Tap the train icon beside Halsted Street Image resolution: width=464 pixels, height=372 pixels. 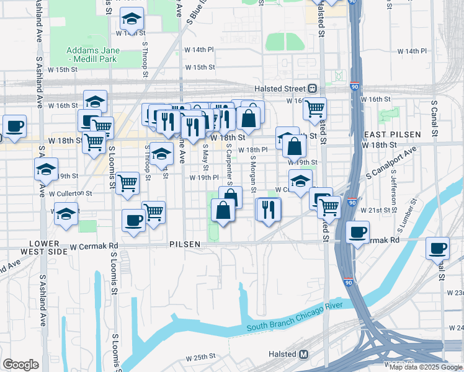coord(313,89)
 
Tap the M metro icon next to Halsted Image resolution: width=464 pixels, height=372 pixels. coord(304,354)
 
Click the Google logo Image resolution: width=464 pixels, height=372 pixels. coord(20,365)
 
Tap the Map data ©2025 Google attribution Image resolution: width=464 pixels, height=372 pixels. coord(426,368)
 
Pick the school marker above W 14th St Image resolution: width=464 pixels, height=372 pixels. coord(132,20)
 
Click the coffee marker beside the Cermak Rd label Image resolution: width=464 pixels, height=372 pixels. coord(357,232)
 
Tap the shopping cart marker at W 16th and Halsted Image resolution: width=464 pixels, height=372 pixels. coord(315,108)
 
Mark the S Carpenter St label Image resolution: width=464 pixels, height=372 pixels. coord(228,165)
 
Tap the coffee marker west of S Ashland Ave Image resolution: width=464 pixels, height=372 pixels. coord(14,126)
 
